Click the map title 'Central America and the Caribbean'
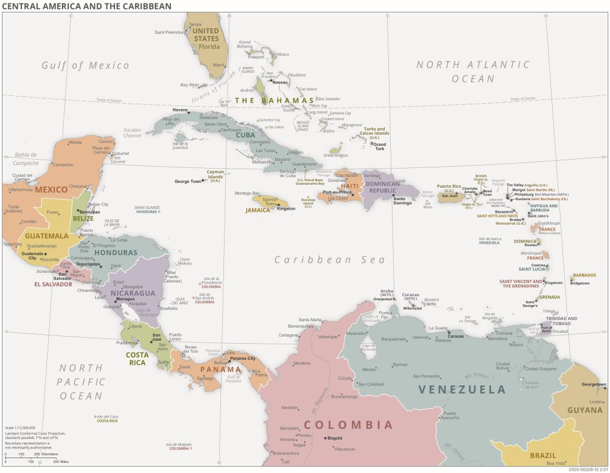tap(87, 6)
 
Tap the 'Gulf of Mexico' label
tap(85, 66)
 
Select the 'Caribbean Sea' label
tap(329, 260)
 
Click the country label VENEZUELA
tap(462, 390)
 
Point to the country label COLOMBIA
tap(348, 425)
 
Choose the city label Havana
tap(180, 110)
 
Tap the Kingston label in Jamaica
tap(285, 209)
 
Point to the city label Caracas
tap(456, 336)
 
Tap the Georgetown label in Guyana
tap(593, 384)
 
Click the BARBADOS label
tap(584, 276)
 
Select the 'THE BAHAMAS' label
tap(273, 101)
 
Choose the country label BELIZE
tap(83, 219)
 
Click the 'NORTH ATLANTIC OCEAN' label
tap(472, 71)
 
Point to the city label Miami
tap(219, 65)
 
